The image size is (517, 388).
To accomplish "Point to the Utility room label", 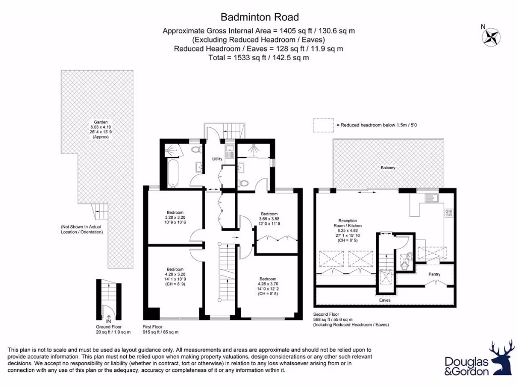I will (217, 159).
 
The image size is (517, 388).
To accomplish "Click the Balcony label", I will (388, 168).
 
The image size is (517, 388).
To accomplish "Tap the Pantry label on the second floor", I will (434, 274).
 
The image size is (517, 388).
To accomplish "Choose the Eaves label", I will (385, 300).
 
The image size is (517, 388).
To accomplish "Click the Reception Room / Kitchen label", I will (346, 230).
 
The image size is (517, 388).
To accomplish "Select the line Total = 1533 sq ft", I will (258, 58).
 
